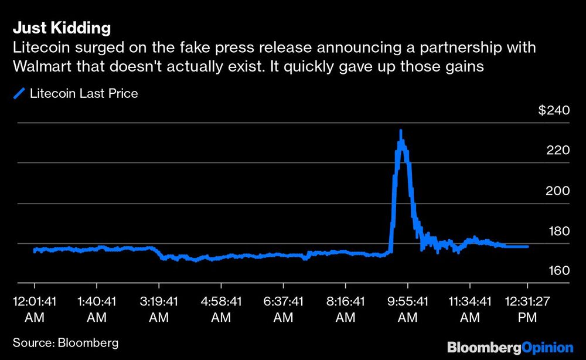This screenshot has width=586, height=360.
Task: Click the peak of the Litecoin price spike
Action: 401,131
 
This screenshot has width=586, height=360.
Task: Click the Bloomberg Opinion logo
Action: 510,347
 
